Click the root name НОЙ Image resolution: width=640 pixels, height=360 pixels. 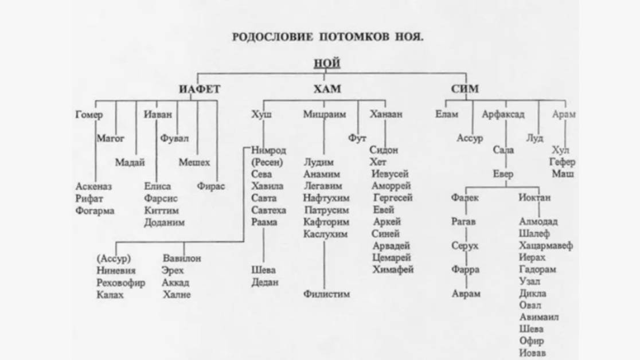327,63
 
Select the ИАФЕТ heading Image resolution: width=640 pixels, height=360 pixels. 199,89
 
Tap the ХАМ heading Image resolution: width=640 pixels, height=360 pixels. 327,89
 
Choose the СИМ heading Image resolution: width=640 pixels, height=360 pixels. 465,89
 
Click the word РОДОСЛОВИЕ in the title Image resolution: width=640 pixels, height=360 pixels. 272,37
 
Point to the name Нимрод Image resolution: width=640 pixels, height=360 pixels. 268,150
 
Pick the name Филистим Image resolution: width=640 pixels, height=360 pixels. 326,294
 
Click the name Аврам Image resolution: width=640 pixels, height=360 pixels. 466,294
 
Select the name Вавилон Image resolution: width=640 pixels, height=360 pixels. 182,259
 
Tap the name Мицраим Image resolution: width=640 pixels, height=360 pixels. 325,114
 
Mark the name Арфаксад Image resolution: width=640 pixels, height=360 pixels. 503,114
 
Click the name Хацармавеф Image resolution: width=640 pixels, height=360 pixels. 545,245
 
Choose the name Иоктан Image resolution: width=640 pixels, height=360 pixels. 534,197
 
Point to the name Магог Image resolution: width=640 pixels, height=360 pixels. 110,138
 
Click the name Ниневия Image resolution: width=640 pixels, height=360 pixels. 116,271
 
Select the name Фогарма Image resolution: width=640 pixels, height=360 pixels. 95,210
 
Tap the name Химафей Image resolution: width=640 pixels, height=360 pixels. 393,269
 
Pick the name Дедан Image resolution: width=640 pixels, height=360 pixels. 264,282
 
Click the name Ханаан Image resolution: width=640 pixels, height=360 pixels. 386,114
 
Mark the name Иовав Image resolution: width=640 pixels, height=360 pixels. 533,353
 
